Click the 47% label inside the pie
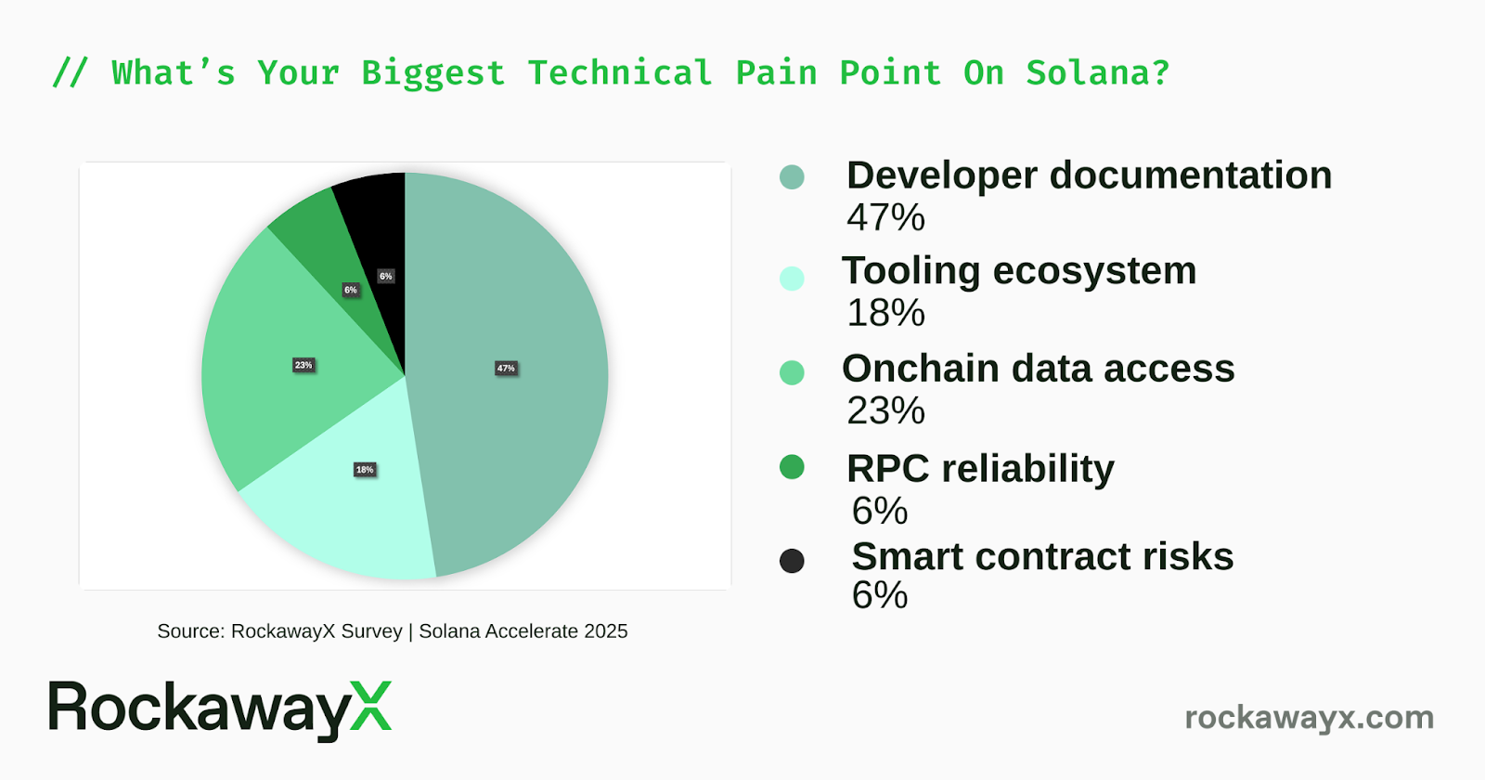tap(506, 368)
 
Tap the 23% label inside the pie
tap(303, 366)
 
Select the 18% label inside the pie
tap(365, 470)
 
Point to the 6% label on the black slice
tap(386, 276)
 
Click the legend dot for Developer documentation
tap(792, 177)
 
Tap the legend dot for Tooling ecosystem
tap(792, 278)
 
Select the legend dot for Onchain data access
tap(792, 372)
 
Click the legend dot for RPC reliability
tap(792, 467)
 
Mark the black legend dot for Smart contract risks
tap(792, 561)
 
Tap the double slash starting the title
tap(70, 73)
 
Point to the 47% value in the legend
tap(885, 217)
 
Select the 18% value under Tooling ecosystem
tap(885, 313)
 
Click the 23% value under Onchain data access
tap(885, 410)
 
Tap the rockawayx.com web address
tap(1310, 718)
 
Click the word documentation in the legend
tap(1191, 175)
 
